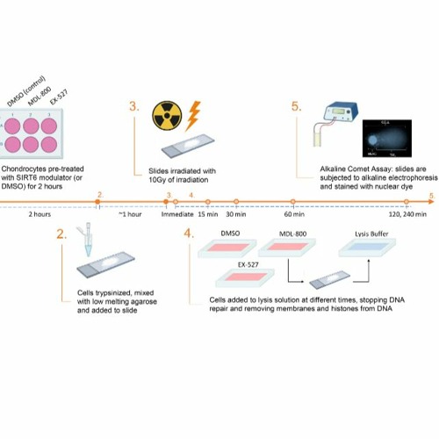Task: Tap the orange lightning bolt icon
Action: coord(195,114)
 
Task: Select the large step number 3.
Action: coord(133,105)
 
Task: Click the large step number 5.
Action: coord(296,106)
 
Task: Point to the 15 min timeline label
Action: coord(207,214)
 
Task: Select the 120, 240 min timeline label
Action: coord(408,214)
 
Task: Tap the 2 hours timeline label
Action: coord(39,214)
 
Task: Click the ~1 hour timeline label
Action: coord(131,214)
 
